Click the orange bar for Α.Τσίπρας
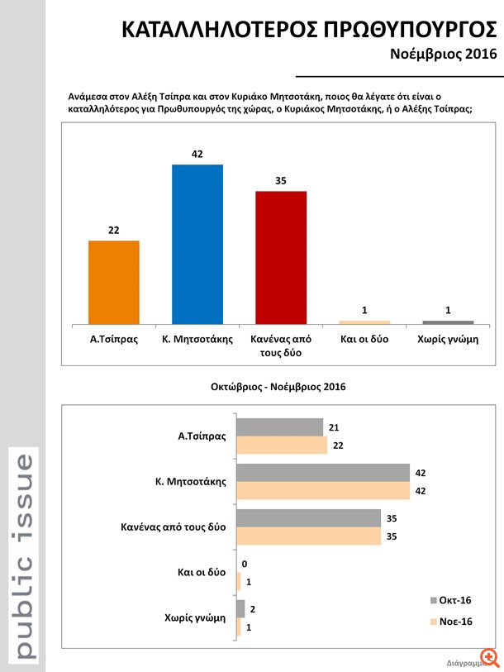[114, 281]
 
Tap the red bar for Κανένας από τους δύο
[281, 257]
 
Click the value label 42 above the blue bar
[197, 154]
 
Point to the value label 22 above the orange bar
[114, 230]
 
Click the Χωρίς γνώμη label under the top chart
[448, 340]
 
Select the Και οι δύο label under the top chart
[364, 340]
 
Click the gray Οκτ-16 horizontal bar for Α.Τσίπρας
[279, 427]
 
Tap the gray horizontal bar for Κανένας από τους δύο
[308, 518]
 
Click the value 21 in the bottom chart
[334, 427]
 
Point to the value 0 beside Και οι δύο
[245, 564]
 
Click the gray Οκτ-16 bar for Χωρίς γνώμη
[240, 609]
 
